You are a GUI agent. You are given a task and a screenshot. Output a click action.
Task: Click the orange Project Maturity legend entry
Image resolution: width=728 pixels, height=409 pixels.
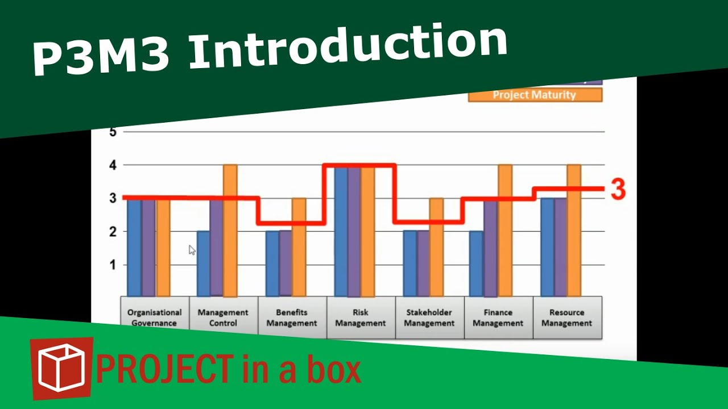pyautogui.click(x=535, y=95)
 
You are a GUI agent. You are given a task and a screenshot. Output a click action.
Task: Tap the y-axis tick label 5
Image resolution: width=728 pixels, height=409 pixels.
pyautogui.click(x=112, y=132)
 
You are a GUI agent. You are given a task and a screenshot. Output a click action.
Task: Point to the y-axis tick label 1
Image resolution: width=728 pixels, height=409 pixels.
pyautogui.click(x=112, y=265)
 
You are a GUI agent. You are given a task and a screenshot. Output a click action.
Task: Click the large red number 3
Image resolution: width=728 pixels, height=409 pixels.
pyautogui.click(x=618, y=190)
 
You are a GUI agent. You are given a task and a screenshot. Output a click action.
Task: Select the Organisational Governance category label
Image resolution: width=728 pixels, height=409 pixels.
pyautogui.click(x=154, y=318)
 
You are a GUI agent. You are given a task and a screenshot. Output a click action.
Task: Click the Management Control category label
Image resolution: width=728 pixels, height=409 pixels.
pyautogui.click(x=223, y=318)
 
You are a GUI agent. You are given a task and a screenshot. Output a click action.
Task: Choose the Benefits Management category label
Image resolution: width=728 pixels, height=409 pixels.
pyautogui.click(x=292, y=318)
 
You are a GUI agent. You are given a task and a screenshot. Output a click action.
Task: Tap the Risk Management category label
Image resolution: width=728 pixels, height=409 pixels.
pyautogui.click(x=361, y=318)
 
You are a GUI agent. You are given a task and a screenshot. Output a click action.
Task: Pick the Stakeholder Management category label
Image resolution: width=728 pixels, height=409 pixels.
pyautogui.click(x=429, y=318)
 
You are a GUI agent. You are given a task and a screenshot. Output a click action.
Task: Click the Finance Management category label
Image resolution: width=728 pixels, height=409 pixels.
pyautogui.click(x=498, y=318)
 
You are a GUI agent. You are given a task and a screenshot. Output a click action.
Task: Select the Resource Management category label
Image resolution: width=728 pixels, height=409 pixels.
pyautogui.click(x=566, y=318)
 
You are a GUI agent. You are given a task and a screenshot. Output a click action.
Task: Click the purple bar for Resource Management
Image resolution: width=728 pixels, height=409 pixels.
pyautogui.click(x=560, y=247)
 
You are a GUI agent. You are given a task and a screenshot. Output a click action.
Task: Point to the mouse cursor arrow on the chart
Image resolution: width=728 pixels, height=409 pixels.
pyautogui.click(x=192, y=250)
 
